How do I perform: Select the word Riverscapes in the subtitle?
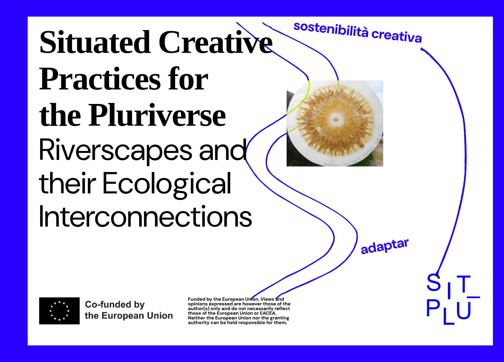click(x=115, y=150)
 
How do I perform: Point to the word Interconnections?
click(x=146, y=216)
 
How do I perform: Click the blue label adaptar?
click(x=385, y=246)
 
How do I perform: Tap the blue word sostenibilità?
click(x=331, y=30)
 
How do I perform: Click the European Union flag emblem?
click(x=60, y=311)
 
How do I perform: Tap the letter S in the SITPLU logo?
click(x=433, y=282)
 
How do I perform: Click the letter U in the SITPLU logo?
click(x=464, y=311)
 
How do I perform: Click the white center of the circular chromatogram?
click(x=336, y=120)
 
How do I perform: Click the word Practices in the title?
click(x=100, y=79)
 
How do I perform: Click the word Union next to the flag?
click(x=160, y=316)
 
